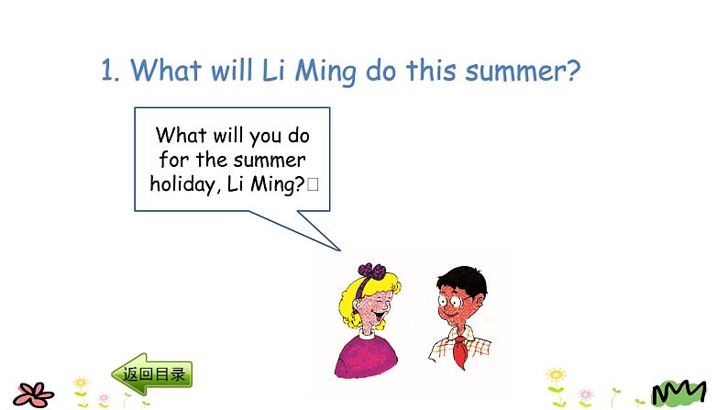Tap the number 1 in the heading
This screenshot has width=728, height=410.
108,71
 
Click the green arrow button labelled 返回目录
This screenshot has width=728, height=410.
152,373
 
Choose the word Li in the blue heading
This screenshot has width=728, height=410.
273,71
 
